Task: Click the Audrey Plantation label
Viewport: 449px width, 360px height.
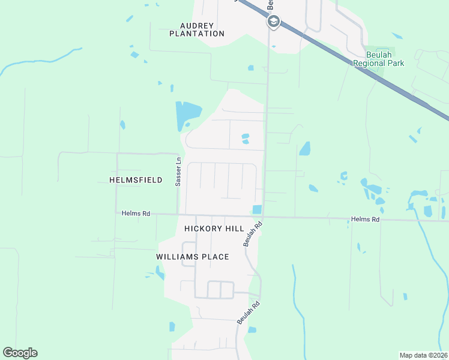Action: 197,29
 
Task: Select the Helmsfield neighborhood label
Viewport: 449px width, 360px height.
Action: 136,180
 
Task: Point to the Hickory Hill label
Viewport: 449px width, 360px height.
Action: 214,229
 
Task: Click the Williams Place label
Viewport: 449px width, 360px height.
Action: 193,257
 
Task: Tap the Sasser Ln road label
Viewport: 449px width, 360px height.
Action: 178,172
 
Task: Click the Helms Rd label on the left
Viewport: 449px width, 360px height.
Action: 135,213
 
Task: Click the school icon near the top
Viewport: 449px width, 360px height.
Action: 273,22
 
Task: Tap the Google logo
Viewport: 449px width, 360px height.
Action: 20,353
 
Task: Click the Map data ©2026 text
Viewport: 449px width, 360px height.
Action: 423,355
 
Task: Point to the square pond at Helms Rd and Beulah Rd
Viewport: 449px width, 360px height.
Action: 257,209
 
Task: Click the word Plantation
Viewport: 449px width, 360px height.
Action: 197,34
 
